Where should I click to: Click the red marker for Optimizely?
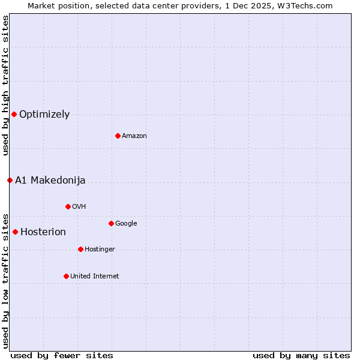click(x=14, y=114)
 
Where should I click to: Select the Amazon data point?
click(x=118, y=136)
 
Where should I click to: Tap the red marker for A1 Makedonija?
click(x=10, y=180)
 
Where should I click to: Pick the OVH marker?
click(x=68, y=206)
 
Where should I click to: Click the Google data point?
click(x=111, y=223)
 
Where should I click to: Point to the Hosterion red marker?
click(x=15, y=232)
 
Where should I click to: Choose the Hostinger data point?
click(x=80, y=249)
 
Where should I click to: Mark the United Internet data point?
click(x=66, y=276)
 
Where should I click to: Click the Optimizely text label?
click(x=44, y=114)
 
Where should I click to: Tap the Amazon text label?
click(x=134, y=136)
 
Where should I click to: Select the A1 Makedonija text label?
click(x=50, y=180)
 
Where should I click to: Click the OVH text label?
click(x=79, y=206)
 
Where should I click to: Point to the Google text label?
click(x=126, y=223)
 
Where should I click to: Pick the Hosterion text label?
click(x=43, y=232)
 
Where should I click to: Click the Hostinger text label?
click(x=100, y=249)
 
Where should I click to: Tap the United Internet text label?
click(x=95, y=276)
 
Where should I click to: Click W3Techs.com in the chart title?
click(x=305, y=5)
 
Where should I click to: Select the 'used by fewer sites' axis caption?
click(x=62, y=355)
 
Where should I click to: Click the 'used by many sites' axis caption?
click(x=301, y=355)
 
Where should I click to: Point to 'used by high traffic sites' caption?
click(x=5, y=85)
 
